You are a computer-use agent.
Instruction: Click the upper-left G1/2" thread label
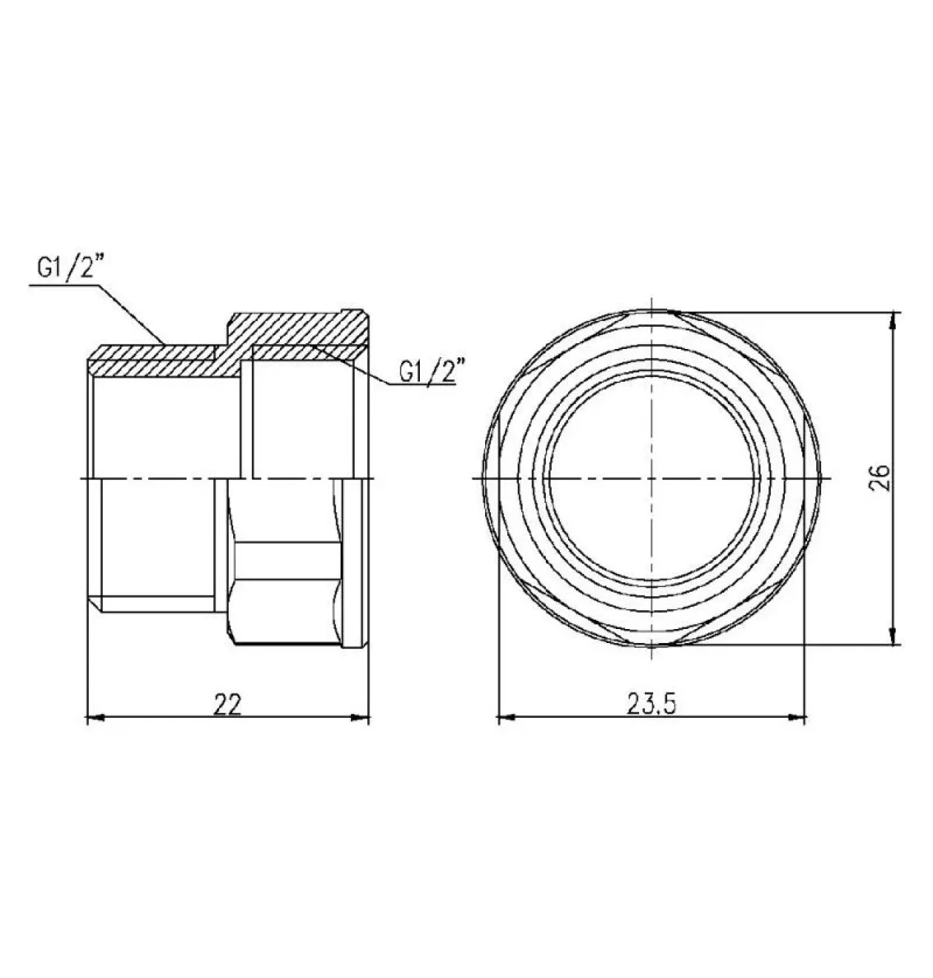click(x=73, y=269)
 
